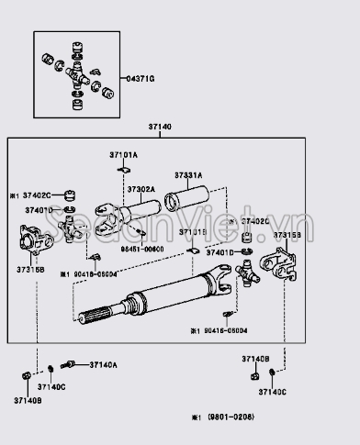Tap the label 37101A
click(123, 156)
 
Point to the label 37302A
click(141, 189)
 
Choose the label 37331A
click(189, 174)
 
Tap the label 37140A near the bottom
click(103, 365)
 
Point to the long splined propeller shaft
click(174, 298)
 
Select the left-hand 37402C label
click(36, 195)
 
